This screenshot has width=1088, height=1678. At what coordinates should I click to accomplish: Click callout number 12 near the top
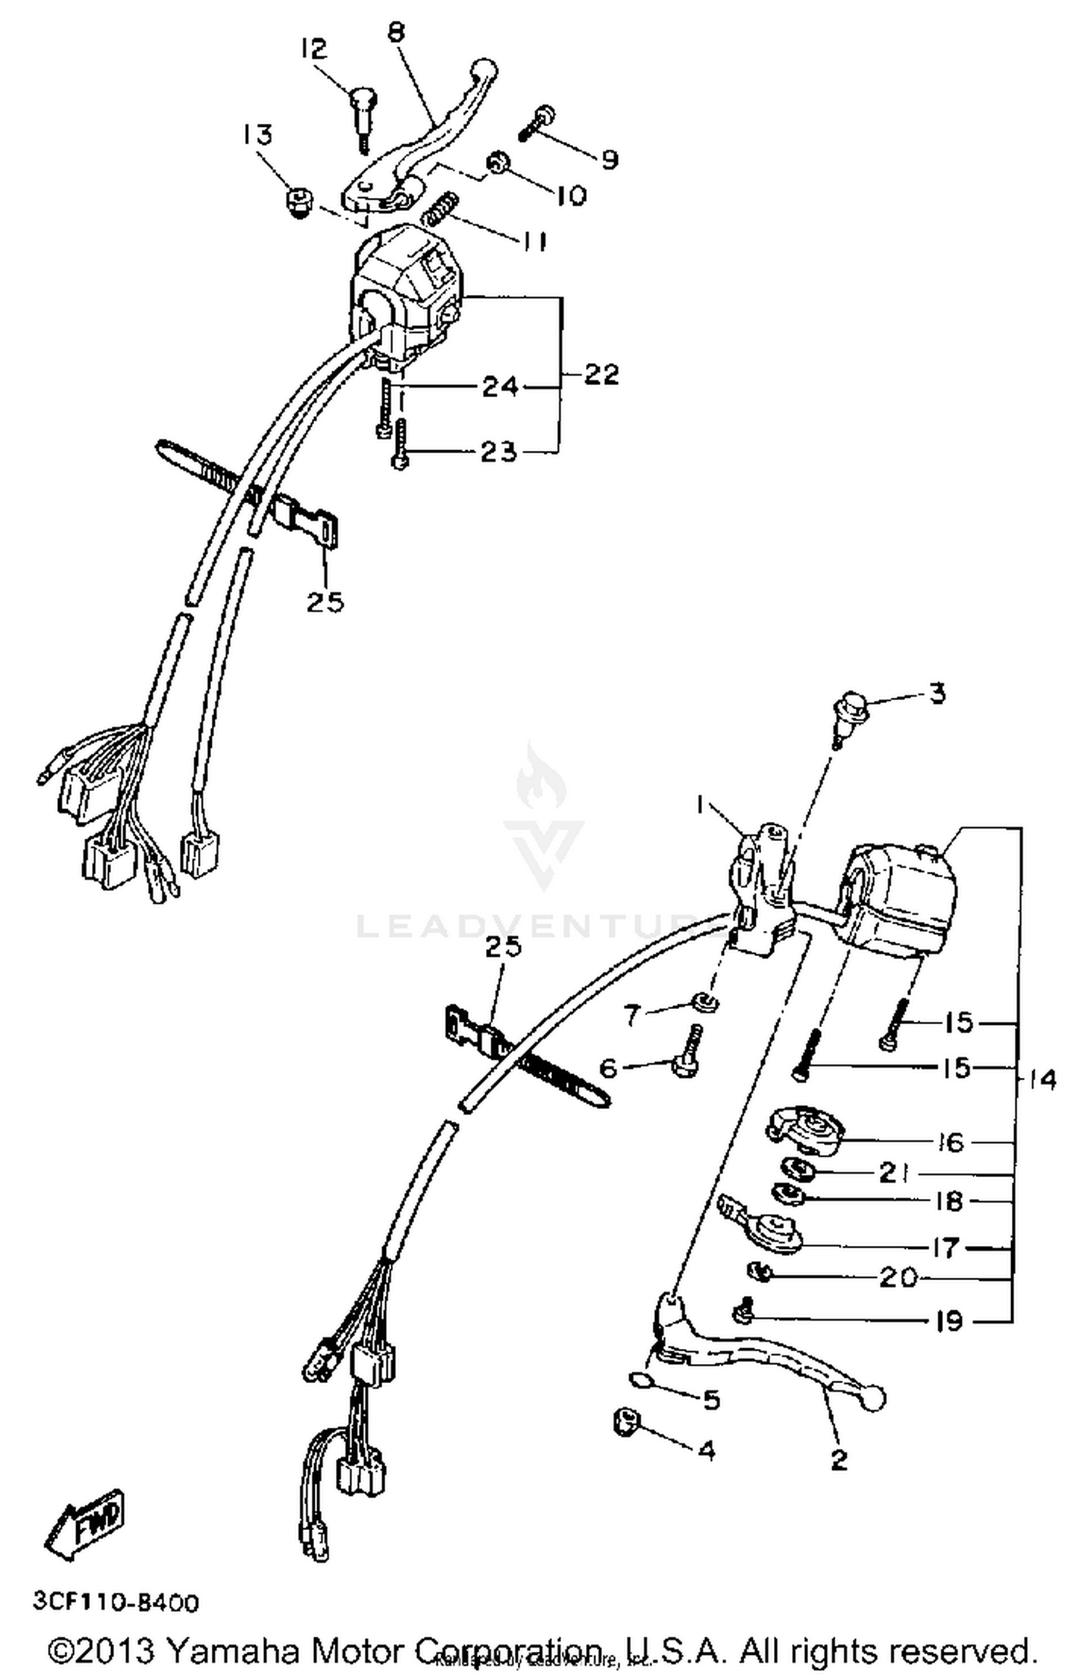313,49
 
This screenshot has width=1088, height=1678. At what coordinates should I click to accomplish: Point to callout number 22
602,375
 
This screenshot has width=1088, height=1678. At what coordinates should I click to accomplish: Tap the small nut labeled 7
703,1003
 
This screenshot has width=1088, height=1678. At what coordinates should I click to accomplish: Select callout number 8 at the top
396,33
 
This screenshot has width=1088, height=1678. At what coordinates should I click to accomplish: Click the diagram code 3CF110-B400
115,1601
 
